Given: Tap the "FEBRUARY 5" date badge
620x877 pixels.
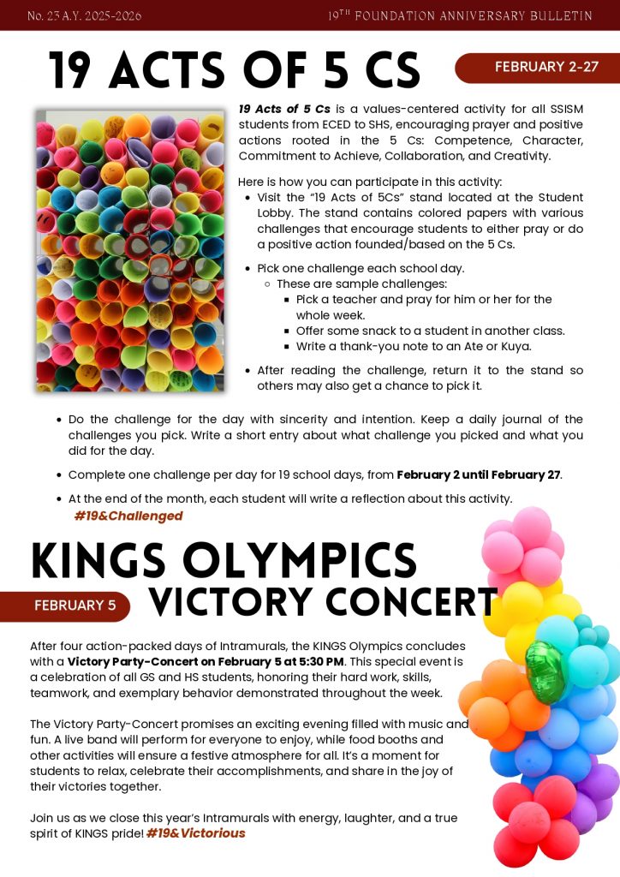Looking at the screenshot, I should [x=75, y=606].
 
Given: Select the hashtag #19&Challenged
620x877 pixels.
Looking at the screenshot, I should [x=128, y=516].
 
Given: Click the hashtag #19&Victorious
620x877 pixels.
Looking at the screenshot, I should [x=195, y=832].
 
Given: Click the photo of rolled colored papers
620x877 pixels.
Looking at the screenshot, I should [x=129, y=250].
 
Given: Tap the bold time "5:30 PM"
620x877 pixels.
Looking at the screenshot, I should [x=318, y=661].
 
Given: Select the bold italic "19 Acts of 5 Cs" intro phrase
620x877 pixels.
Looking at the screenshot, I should [x=284, y=109].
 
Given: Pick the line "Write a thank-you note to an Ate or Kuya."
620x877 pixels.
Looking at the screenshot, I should [x=414, y=346].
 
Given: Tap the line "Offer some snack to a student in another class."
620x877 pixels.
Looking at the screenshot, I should [x=430, y=331].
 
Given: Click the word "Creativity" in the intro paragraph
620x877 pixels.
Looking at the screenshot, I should [x=520, y=156].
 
